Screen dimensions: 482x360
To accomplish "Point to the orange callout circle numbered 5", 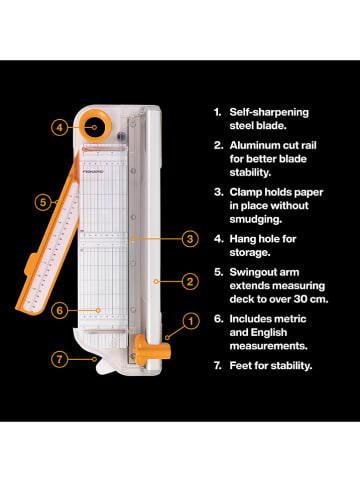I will click(42, 202).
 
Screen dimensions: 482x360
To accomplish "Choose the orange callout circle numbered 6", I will click(60, 310).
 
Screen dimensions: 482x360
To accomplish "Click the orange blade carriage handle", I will click(144, 349).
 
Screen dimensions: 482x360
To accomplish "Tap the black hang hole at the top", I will click(96, 126).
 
